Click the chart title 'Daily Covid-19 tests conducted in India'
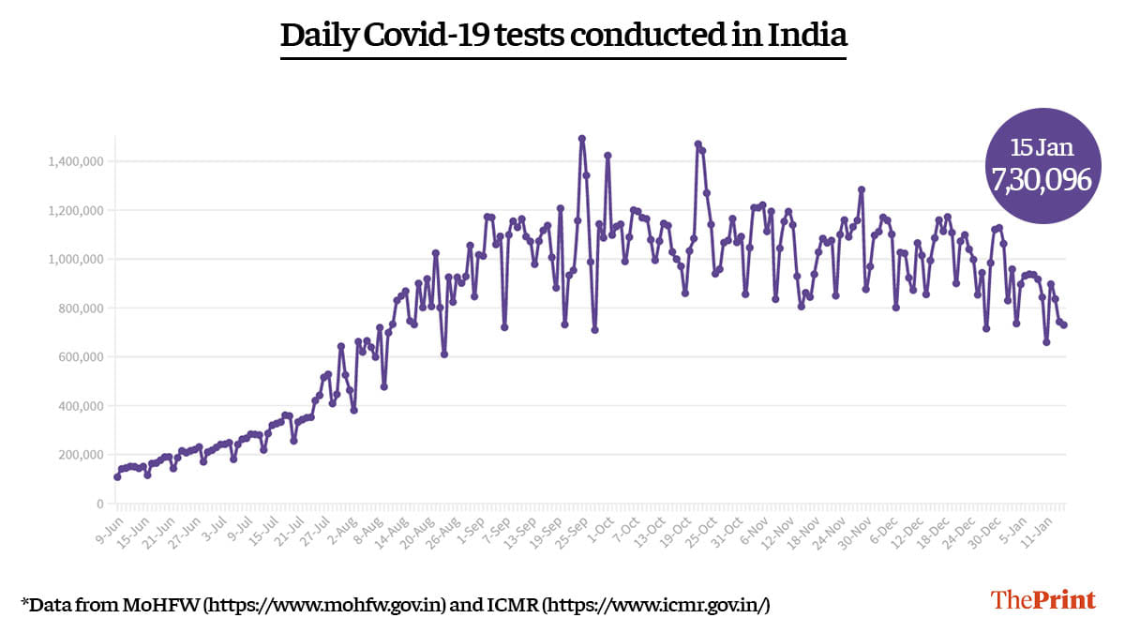coord(563,36)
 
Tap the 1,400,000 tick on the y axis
coord(77,162)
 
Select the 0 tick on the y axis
coord(99,505)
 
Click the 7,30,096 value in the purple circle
coord(1042,180)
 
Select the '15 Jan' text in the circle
coord(1042,147)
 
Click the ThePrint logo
coord(1043,600)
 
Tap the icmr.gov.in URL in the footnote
coord(656,605)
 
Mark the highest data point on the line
coord(582,139)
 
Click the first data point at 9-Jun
coord(117,476)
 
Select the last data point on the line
coord(1064,325)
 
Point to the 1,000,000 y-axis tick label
coord(77,260)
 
